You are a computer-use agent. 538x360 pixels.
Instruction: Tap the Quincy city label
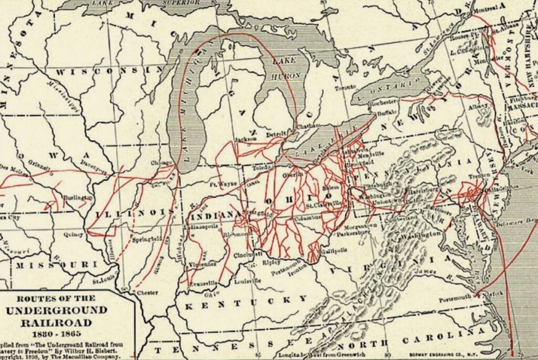click(x=73, y=235)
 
